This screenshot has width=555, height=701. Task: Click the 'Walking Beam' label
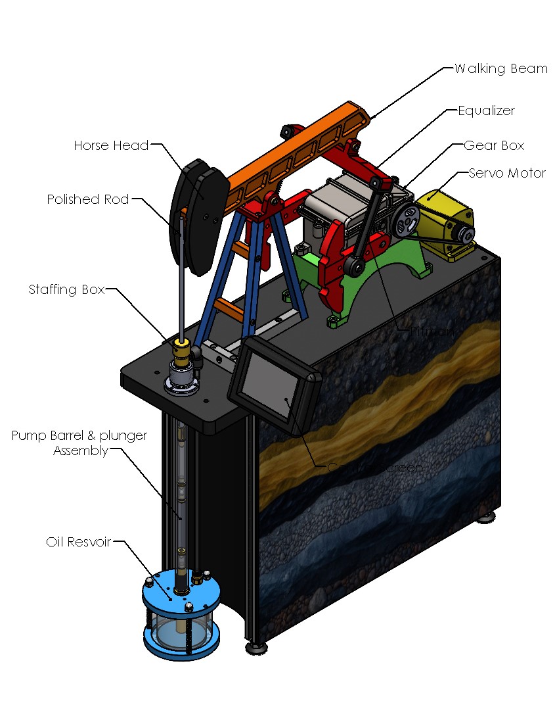coord(500,68)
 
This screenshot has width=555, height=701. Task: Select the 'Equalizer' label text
coord(486,110)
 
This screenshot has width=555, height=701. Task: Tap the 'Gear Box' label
coord(494,145)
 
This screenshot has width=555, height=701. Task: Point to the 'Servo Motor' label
coord(507,174)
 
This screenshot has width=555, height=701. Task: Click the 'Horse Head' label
coord(111,145)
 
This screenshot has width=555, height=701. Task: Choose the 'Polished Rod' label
coord(87,199)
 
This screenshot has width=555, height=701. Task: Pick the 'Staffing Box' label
coord(66,289)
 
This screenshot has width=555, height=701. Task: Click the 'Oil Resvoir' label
coord(78,543)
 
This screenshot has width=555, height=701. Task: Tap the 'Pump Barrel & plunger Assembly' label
coord(79,443)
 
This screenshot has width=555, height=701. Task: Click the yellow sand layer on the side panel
coord(394,388)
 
